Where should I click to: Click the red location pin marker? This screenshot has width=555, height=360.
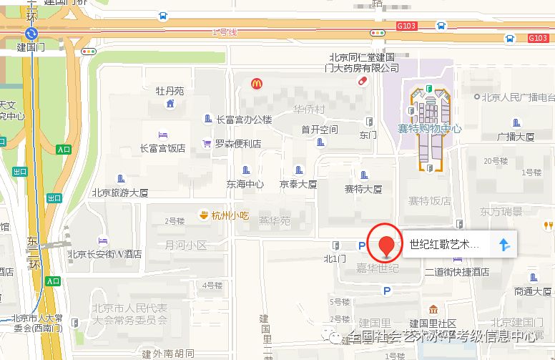click(x=387, y=241)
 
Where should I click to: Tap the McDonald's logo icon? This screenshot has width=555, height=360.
click(x=256, y=84)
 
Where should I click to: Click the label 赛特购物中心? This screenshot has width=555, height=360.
click(x=429, y=129)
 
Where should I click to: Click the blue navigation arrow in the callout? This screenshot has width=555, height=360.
click(x=505, y=245)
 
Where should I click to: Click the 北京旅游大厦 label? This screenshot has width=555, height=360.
click(x=119, y=193)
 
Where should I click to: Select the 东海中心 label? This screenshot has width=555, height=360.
click(x=245, y=184)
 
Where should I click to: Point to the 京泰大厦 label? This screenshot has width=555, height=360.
click(x=298, y=184)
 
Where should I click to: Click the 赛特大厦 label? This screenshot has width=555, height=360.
click(x=363, y=189)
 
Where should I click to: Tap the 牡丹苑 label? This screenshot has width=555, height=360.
click(x=170, y=91)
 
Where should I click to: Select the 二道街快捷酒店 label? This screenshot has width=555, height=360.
click(x=456, y=272)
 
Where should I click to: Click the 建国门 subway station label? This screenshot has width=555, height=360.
click(x=30, y=48)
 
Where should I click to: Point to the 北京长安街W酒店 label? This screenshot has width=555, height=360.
click(x=104, y=253)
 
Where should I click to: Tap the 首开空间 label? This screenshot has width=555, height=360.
click(x=319, y=130)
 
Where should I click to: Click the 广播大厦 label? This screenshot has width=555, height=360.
click(x=516, y=136)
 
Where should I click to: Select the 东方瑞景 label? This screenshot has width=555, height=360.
click(x=501, y=212)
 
